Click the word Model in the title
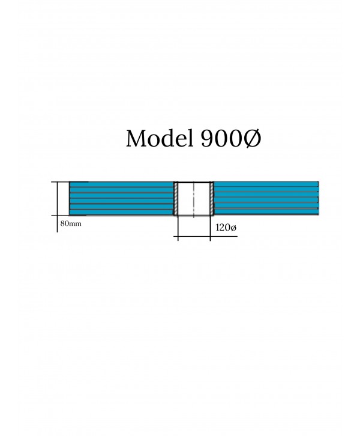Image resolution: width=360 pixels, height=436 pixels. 160,138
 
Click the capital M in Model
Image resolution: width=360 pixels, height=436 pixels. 137,139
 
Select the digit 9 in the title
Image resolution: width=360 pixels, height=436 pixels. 207,139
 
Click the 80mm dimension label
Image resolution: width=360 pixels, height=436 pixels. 71,223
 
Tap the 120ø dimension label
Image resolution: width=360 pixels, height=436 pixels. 226,228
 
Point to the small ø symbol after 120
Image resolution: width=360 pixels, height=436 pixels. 233,228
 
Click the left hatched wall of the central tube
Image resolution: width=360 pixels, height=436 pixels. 176,198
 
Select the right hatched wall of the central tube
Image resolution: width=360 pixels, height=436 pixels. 212,198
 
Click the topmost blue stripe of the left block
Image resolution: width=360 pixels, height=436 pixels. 121,184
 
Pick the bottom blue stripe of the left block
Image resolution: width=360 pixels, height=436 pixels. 121,212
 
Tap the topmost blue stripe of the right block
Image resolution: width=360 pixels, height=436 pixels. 266,184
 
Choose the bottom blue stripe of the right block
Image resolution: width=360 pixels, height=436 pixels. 266,211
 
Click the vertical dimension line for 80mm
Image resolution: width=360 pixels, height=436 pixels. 58,207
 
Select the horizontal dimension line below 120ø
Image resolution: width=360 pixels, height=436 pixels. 206,237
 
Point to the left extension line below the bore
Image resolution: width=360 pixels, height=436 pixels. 178,228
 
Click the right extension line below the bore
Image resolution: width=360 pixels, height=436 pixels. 210,228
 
